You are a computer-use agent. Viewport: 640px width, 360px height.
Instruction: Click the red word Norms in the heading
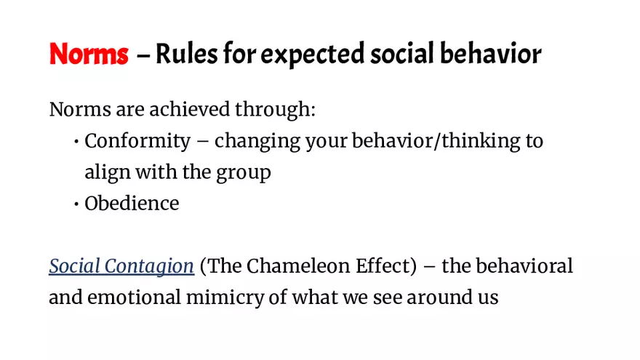click(89, 54)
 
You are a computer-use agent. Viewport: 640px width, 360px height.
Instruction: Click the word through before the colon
click(274, 111)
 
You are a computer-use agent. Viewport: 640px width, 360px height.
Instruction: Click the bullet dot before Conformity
click(76, 142)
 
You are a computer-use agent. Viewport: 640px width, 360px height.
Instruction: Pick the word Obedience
click(132, 204)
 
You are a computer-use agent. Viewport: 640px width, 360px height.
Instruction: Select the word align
click(106, 173)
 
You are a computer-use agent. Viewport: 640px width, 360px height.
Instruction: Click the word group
click(244, 174)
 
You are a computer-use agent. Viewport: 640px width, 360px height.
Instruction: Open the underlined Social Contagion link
click(121, 267)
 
